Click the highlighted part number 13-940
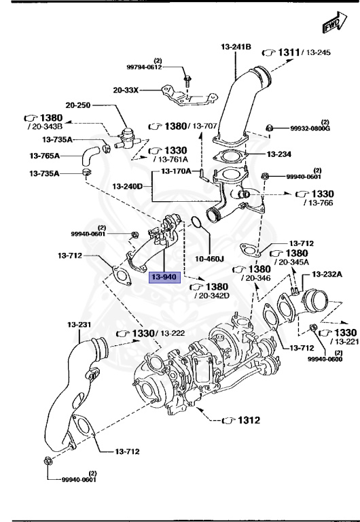(164, 277)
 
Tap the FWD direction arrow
(330, 25)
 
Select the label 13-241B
(236, 47)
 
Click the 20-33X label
(127, 89)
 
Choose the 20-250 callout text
(79, 105)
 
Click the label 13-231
(79, 325)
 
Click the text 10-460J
(210, 258)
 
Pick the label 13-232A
(328, 274)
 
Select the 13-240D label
(127, 186)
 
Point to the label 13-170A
(176, 171)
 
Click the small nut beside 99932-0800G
(270, 127)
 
